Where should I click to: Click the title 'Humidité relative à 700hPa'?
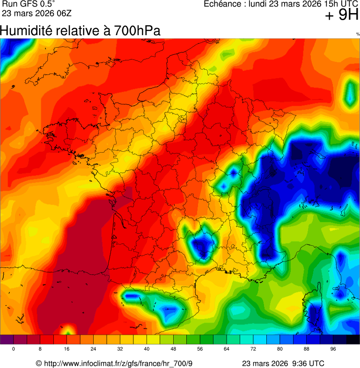80,31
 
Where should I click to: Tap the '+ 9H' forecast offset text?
342,15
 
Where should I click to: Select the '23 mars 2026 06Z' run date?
37,13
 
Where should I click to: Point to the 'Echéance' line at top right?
281,4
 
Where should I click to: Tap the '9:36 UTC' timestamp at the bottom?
307,364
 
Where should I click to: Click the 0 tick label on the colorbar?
14,349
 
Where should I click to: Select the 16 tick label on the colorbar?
67,349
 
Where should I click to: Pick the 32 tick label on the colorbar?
120,349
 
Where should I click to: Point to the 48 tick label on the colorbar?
174,349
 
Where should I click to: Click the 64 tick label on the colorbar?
227,349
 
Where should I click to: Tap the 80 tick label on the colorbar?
280,349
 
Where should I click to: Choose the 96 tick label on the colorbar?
333,349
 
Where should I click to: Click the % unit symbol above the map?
358,34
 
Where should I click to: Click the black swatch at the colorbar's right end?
353,339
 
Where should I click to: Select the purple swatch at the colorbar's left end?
7,339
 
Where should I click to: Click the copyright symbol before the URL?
39,364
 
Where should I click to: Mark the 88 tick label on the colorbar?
307,349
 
